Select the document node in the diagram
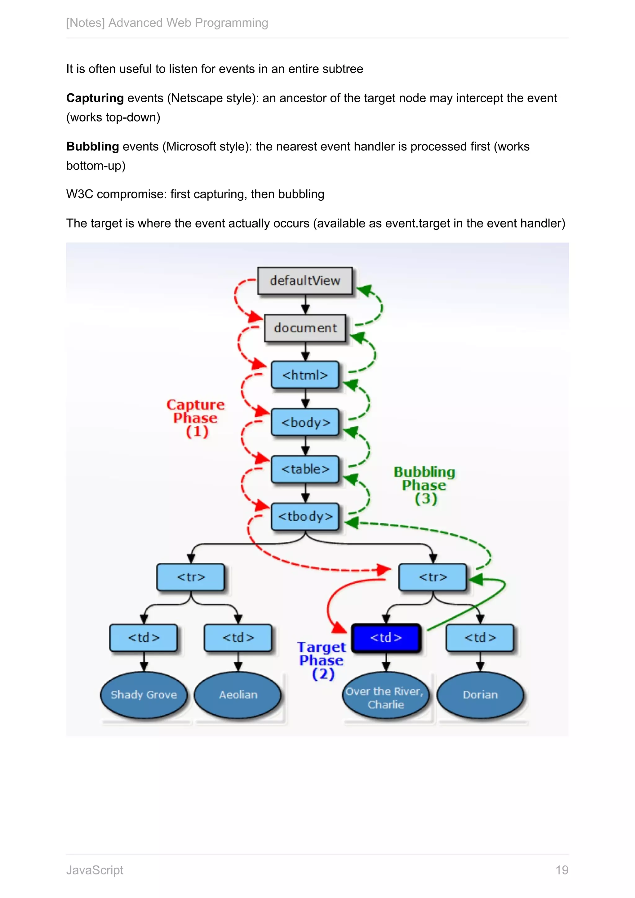[x=305, y=328]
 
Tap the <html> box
[x=305, y=375]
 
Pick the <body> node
[x=305, y=422]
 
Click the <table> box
[x=305, y=469]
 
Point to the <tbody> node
[x=305, y=516]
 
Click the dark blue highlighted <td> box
[x=386, y=638]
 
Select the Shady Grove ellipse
[x=144, y=695]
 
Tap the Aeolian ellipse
[x=238, y=695]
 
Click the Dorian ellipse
[x=480, y=695]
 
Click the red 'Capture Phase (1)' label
[x=196, y=418]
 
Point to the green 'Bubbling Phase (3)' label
[x=425, y=485]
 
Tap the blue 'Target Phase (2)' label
[x=322, y=660]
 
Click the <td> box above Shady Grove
[x=144, y=638]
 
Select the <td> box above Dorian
[x=480, y=638]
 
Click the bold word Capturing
[x=95, y=98]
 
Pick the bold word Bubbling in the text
[x=93, y=147]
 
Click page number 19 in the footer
[x=562, y=870]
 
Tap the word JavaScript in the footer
[x=95, y=870]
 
